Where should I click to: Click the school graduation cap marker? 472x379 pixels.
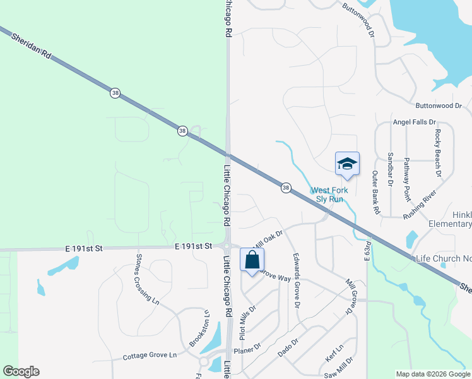[x=347, y=164]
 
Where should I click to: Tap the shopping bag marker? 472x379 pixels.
[x=252, y=259]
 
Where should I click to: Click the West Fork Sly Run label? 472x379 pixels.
[x=326, y=195]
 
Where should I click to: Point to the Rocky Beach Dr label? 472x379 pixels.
[x=437, y=153]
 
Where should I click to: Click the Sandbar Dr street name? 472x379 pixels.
[x=391, y=164]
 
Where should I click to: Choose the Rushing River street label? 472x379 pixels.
[x=420, y=205]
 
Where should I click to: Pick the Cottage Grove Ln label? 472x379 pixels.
[x=150, y=356]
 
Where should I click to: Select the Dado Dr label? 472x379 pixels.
[x=287, y=348]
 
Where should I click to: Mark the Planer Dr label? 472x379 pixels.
[x=247, y=349]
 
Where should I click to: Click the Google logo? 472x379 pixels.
[x=21, y=371]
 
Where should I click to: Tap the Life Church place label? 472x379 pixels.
[x=444, y=258]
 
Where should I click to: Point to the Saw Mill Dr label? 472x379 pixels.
[x=338, y=373]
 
